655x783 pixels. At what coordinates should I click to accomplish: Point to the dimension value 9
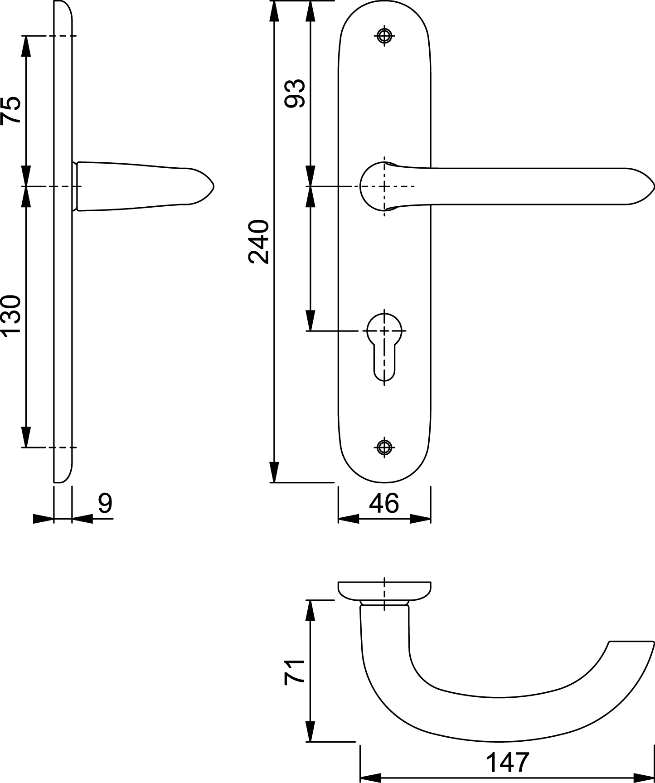[105, 504]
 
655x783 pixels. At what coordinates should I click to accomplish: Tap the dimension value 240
[259, 242]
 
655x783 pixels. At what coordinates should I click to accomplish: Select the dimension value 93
[295, 93]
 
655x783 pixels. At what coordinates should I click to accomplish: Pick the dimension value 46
[384, 504]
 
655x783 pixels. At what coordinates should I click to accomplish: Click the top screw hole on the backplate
[385, 36]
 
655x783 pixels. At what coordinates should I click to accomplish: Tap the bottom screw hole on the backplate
[385, 447]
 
